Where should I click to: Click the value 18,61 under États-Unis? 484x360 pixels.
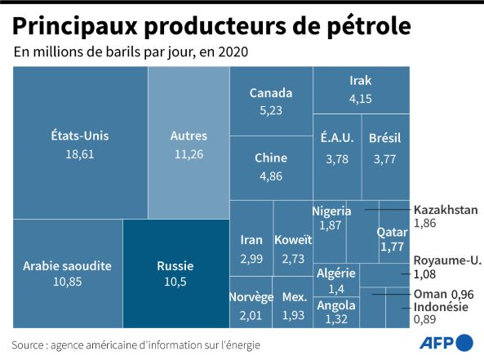[x=80, y=154]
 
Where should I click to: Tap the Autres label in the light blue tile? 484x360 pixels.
[x=189, y=136]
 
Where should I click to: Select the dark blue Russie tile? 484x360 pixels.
[x=176, y=273]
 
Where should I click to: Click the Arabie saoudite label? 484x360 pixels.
[x=67, y=266]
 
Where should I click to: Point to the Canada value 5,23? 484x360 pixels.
[x=271, y=110]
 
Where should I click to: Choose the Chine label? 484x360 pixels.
[x=271, y=158]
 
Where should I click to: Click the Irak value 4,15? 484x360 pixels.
[x=360, y=99]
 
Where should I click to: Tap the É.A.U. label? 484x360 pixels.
[x=337, y=138]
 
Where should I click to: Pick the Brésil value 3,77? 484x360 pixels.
[x=384, y=159]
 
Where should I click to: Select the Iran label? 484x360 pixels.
[x=251, y=240]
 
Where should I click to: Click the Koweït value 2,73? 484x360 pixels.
[x=293, y=259]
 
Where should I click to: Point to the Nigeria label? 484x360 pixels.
[x=331, y=211]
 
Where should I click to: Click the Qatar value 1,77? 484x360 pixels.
[x=392, y=247]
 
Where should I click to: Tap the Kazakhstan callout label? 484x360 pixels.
[x=446, y=210]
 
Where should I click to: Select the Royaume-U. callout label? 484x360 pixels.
[x=447, y=260]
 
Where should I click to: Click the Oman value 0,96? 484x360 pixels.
[x=463, y=295]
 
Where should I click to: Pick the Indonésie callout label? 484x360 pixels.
[x=441, y=307]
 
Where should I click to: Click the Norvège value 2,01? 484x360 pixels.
[x=251, y=316]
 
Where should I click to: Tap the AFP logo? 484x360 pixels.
[x=446, y=342]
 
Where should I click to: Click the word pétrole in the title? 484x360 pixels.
[x=369, y=27]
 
